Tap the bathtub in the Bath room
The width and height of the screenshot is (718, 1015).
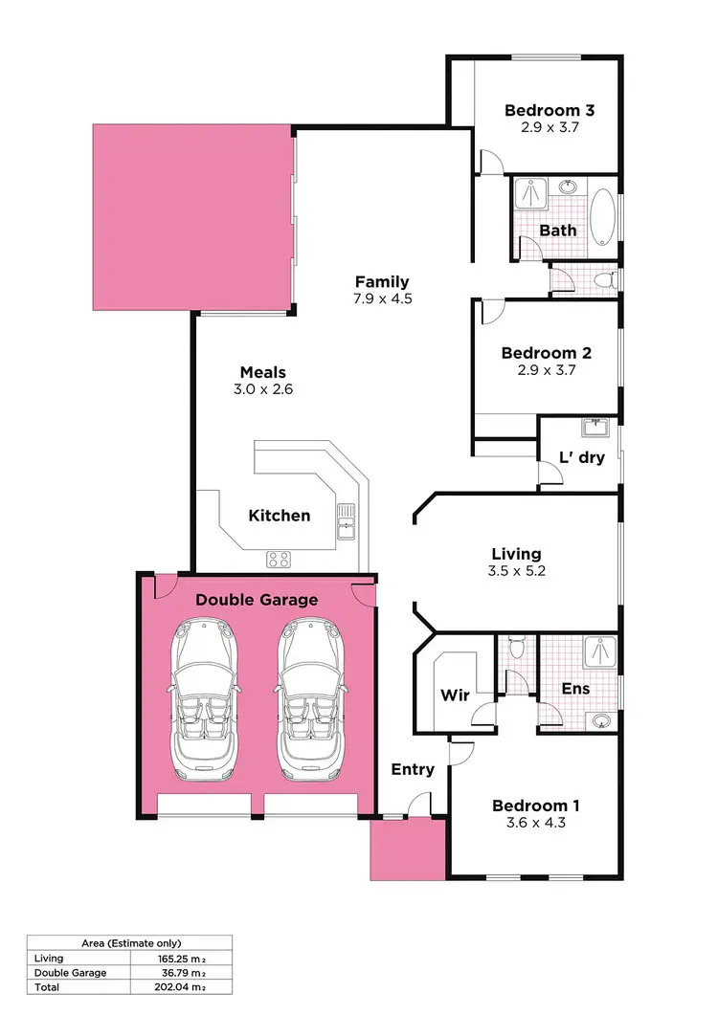coord(602,219)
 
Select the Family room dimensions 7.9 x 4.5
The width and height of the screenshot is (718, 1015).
coord(382,298)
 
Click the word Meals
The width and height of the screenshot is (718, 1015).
coord(263,372)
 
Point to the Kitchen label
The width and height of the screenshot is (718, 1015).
coord(280,516)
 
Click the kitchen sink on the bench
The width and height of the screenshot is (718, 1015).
coord(346,521)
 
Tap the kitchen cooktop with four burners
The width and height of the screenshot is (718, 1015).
coord(279,560)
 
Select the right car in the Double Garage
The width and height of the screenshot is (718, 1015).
coord(311,698)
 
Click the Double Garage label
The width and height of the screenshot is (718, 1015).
coord(257,600)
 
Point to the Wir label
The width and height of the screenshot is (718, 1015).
coord(455,695)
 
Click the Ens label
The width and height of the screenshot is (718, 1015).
coord(575,689)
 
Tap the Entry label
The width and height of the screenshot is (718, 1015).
coord(413,769)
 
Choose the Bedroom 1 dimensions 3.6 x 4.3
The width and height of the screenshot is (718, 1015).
coord(535,822)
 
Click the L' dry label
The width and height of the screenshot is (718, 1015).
coord(582,457)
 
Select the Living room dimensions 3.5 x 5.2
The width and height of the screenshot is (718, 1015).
coord(516,571)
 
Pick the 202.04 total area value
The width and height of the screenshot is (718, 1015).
coord(181,986)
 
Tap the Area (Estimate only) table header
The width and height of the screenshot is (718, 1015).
coord(129,942)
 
